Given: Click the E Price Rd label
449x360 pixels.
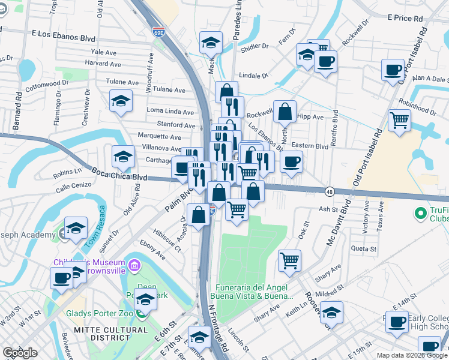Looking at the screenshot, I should click(409, 19).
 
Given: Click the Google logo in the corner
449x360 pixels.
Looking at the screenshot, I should click(20, 353).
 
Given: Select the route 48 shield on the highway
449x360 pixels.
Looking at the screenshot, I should click(330, 191).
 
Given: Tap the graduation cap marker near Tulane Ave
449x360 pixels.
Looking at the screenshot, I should click(121, 100).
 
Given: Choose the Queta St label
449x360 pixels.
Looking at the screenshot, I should click(364, 248).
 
